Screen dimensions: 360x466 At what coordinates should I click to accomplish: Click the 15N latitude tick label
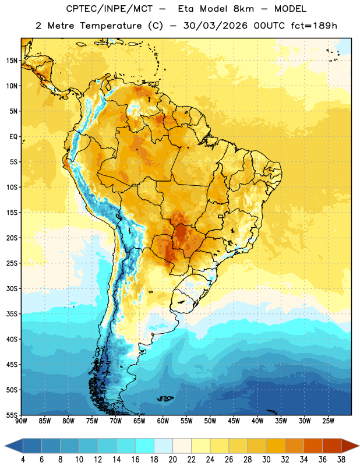(12, 61)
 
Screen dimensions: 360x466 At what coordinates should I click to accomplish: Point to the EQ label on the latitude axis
(13, 137)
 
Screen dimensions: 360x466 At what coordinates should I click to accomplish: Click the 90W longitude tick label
(21, 421)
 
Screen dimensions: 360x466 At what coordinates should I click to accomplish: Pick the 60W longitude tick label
(163, 421)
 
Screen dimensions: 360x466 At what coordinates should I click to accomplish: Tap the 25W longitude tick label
(328, 421)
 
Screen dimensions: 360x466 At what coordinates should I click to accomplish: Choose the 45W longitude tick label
(234, 421)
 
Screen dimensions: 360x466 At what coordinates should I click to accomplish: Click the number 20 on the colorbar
(172, 460)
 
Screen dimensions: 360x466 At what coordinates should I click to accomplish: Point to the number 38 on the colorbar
(341, 460)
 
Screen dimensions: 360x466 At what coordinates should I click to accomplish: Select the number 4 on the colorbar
(23, 460)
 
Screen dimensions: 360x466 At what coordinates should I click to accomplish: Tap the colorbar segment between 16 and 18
(145, 446)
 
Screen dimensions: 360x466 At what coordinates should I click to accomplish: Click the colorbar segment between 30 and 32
(276, 446)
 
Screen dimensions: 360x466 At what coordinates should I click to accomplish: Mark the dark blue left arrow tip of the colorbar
(5, 446)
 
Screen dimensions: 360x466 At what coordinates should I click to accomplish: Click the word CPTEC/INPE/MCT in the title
(109, 9)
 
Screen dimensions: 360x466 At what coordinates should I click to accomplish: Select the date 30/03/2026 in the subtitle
(215, 26)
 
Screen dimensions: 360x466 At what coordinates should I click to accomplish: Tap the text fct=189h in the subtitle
(314, 26)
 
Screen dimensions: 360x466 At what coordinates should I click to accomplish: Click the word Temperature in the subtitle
(111, 26)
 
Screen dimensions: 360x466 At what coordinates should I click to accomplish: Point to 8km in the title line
(243, 9)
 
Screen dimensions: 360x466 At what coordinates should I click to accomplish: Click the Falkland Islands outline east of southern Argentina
(165, 398)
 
